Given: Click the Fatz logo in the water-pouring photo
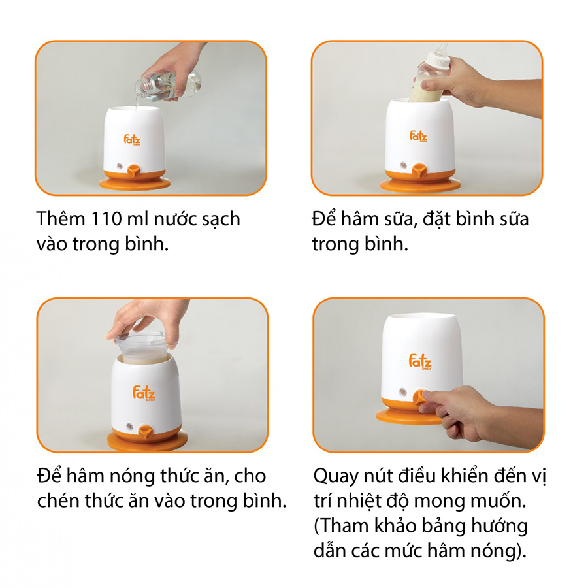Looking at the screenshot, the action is click(x=132, y=140).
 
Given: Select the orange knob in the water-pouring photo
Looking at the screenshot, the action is click(x=134, y=171).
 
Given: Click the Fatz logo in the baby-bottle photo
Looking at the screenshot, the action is click(x=418, y=137).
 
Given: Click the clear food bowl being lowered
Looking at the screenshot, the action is click(x=140, y=347).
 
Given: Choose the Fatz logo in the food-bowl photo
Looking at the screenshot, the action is click(x=144, y=393).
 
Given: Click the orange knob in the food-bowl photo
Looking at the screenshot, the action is click(x=146, y=432).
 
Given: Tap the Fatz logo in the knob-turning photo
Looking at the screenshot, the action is click(x=420, y=361).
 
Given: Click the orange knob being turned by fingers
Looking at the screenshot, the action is click(x=420, y=397).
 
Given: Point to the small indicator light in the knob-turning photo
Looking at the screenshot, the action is click(x=402, y=392).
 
